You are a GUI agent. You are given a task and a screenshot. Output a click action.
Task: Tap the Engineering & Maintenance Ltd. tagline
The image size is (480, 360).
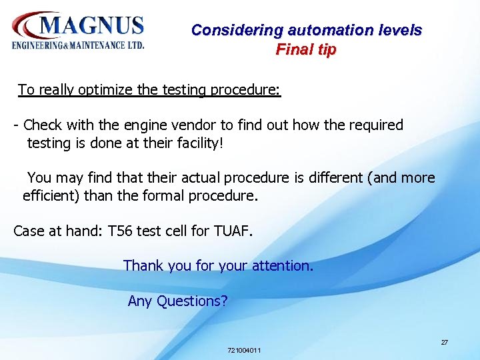tap(77, 45)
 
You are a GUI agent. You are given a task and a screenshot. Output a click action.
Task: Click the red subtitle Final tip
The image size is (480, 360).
tap(306, 49)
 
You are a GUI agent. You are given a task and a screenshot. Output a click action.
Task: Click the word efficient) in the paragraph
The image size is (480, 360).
tap(51, 196)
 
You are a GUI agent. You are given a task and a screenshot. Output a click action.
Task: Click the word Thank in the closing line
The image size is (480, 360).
tap(143, 265)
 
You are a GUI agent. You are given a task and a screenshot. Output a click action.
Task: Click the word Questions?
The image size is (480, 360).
tap(192, 301)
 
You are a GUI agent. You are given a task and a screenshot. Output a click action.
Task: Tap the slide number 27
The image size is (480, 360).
tap(444, 342)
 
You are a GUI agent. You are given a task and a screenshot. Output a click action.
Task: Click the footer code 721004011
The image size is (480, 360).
tap(244, 350)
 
